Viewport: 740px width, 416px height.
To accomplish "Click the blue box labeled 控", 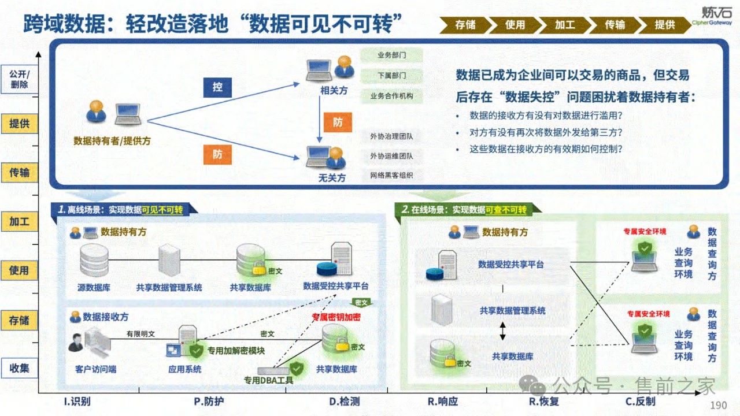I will (217, 87).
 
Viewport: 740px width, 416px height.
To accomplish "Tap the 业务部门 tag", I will (391, 55).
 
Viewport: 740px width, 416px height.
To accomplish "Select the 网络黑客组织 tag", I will (391, 176).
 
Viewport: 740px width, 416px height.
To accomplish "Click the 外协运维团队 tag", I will (391, 156).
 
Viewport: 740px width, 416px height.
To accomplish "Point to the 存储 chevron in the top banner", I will (465, 25).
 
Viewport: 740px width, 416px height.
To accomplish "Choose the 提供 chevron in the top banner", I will (665, 25).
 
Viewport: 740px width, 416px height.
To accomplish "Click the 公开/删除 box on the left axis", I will (20, 80).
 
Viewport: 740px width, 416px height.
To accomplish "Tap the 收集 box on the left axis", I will (20, 368).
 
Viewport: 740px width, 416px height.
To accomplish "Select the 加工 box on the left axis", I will (20, 222).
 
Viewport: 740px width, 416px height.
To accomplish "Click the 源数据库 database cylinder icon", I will (94, 259).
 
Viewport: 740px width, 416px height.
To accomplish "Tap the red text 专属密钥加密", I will (336, 317).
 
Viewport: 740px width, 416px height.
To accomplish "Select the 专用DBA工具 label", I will (268, 380).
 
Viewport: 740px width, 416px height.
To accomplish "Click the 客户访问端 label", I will (95, 369).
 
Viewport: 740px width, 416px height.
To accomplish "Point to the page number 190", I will (718, 406).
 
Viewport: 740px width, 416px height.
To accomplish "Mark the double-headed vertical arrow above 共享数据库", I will (502, 330).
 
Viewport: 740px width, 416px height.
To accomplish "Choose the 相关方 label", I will (333, 91).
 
